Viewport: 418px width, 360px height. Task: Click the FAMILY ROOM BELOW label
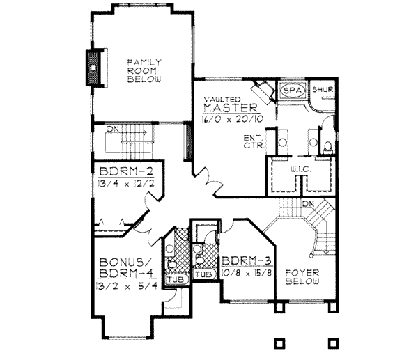pos(144,71)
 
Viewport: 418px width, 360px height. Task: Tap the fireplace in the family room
pos(93,68)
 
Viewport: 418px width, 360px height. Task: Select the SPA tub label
pos(291,91)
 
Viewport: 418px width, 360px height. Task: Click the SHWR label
pos(322,91)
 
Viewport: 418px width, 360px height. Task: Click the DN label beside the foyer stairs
pos(309,204)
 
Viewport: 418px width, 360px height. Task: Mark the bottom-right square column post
pos(334,343)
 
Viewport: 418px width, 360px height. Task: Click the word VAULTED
pos(222,100)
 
